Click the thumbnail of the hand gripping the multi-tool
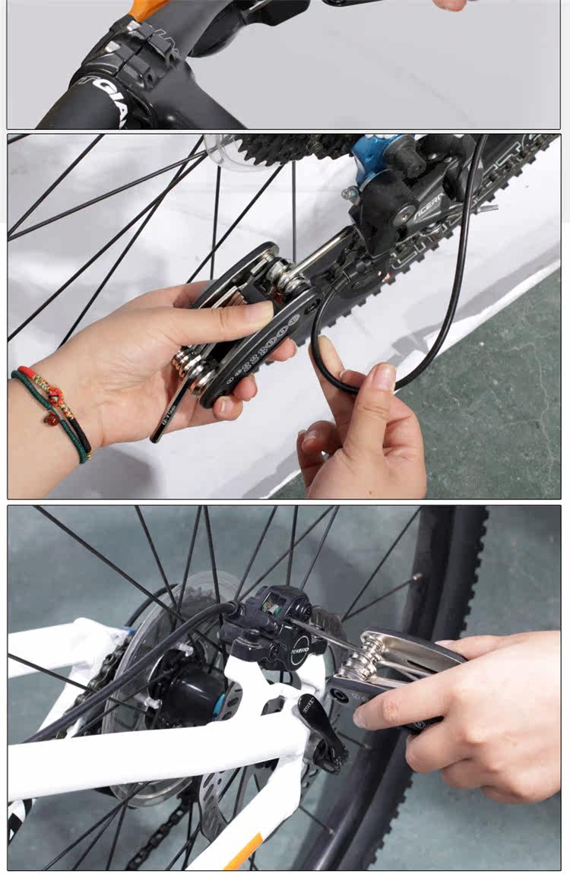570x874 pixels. click(258, 312)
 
